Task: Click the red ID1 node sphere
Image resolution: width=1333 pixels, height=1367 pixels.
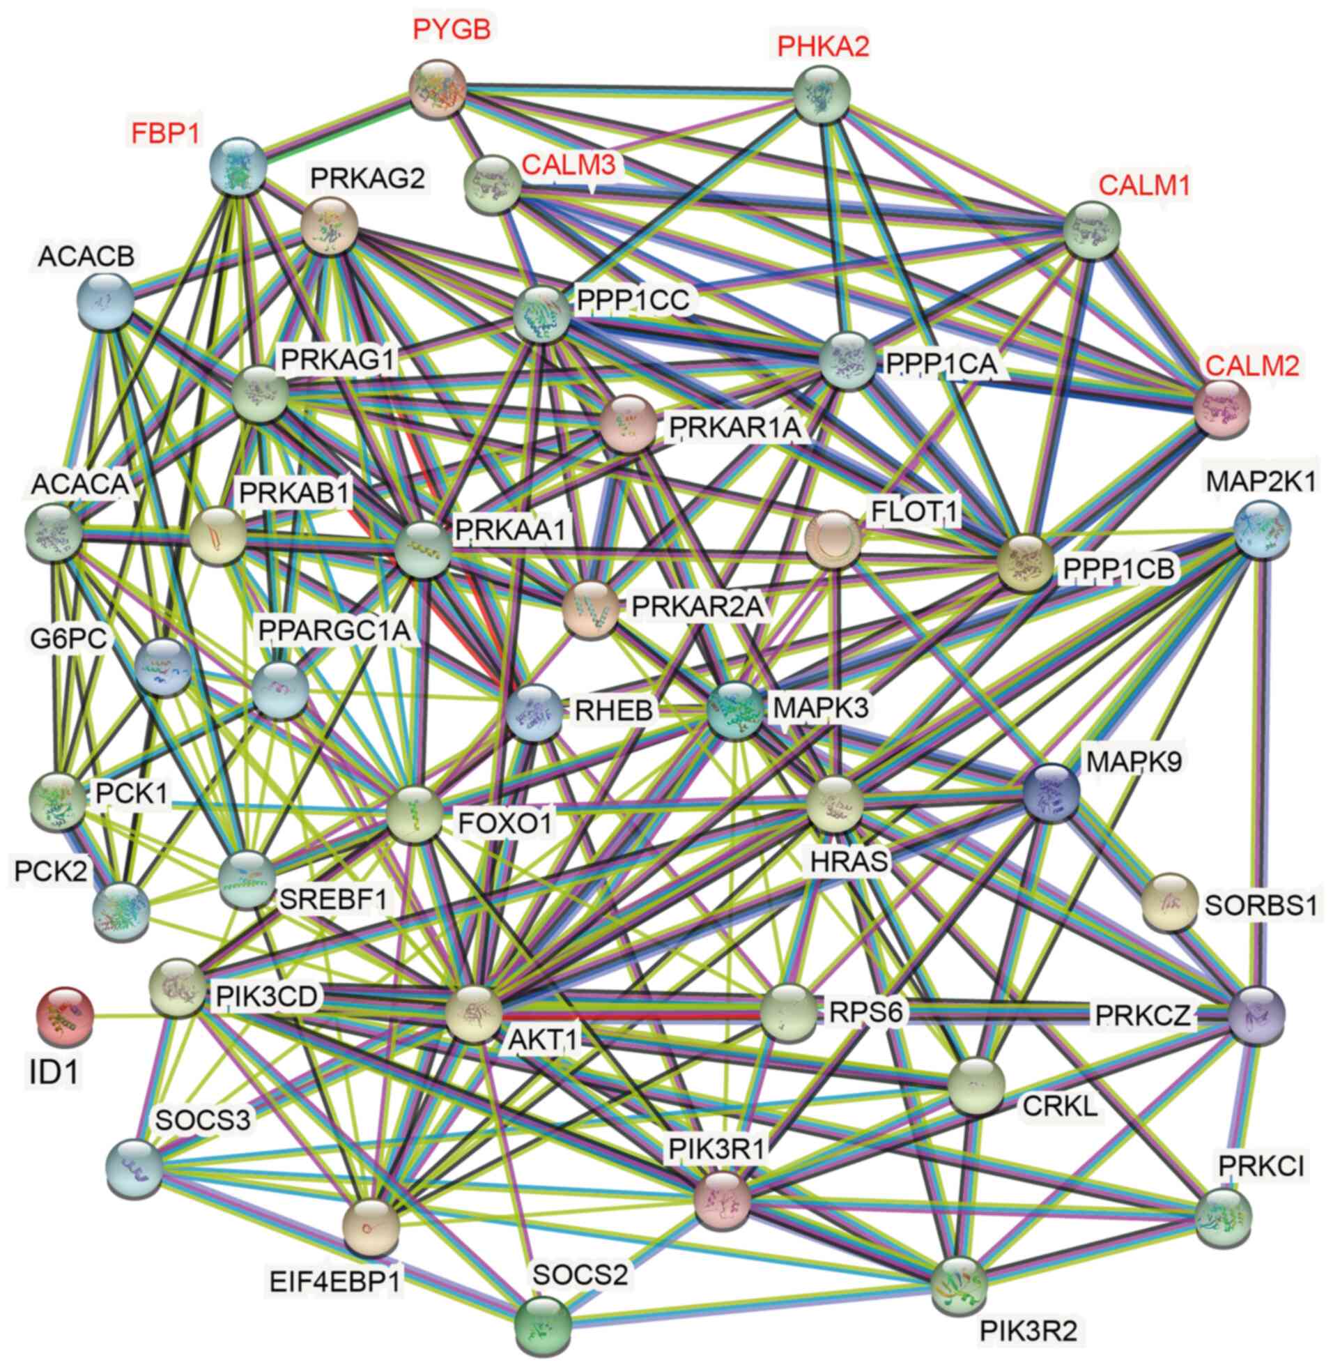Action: coord(63,1016)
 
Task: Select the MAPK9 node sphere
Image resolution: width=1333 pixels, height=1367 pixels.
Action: coord(1051,792)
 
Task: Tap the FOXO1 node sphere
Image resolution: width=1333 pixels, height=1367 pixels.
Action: coord(415,814)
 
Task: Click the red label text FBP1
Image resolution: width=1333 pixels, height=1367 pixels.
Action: coord(166,132)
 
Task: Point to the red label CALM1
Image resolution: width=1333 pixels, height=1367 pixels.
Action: coord(1145,185)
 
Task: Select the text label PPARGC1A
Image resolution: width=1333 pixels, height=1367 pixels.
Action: coord(334,629)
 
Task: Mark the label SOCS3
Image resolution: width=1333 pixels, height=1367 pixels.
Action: coord(203,1120)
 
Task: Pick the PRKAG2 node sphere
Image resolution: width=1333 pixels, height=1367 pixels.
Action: coord(330,225)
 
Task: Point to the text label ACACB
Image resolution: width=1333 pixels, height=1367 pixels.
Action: coord(86,256)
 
